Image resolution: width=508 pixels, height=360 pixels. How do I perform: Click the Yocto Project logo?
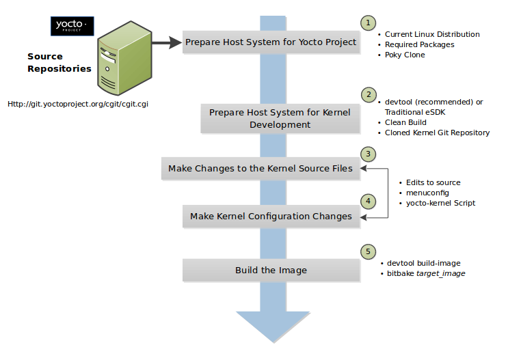pyautogui.click(x=72, y=27)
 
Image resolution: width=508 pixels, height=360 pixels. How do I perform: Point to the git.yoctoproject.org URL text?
pyautogui.click(x=78, y=105)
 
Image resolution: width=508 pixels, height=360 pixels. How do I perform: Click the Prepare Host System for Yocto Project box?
pyautogui.click(x=271, y=42)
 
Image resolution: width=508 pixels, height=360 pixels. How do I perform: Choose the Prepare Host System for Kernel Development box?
pyautogui.click(x=280, y=118)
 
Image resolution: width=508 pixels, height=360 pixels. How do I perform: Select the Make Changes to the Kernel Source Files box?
pyautogui.click(x=260, y=168)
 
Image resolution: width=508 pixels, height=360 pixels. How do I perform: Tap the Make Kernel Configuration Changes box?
pyautogui.click(x=271, y=216)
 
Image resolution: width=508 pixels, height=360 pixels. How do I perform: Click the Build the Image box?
pyautogui.click(x=271, y=270)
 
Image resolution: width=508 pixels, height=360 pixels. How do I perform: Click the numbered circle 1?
pyautogui.click(x=368, y=23)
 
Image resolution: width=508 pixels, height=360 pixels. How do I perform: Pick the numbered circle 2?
pyautogui.click(x=368, y=94)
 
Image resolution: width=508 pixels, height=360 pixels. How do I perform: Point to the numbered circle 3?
pyautogui.click(x=368, y=154)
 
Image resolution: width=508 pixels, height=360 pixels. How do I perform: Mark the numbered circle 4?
pyautogui.click(x=368, y=202)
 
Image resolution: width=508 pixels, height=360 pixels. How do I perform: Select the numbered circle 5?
pyautogui.click(x=368, y=250)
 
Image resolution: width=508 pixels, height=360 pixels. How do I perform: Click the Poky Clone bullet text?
pyautogui.click(x=405, y=55)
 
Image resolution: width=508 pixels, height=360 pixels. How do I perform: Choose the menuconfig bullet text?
pyautogui.click(x=427, y=193)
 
